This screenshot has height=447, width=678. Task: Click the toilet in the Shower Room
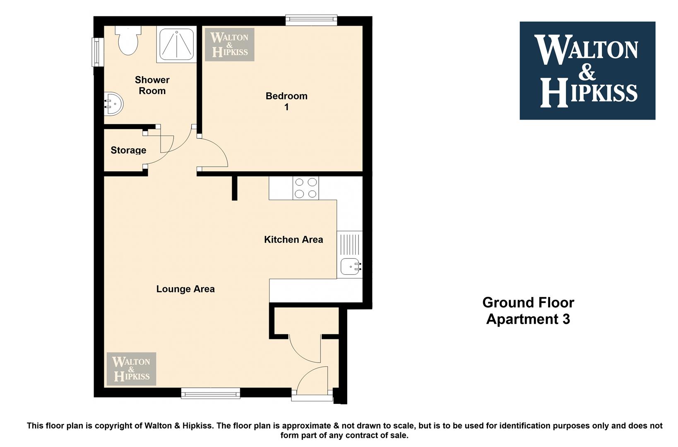(x=128, y=40)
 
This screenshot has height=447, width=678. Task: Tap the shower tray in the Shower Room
(x=176, y=44)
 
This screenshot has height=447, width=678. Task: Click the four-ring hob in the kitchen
(x=306, y=188)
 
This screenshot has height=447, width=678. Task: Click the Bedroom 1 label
(x=286, y=101)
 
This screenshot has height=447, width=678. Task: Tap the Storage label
(x=128, y=150)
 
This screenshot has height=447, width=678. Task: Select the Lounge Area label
(x=185, y=289)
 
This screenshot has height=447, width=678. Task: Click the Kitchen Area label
(x=293, y=240)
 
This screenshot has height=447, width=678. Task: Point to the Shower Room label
(x=152, y=85)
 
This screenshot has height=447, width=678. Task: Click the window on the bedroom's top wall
(x=311, y=20)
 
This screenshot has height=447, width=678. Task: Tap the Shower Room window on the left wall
(x=97, y=52)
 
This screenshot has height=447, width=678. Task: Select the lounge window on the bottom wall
(x=211, y=393)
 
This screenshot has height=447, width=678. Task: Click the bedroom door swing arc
(x=220, y=149)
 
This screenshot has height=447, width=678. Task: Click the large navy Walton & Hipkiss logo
(x=587, y=70)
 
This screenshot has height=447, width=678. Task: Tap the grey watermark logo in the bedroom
(x=229, y=44)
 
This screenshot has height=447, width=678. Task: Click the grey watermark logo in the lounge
(x=131, y=369)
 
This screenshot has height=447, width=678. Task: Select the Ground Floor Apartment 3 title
(x=528, y=310)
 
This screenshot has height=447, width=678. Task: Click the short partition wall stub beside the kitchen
(x=235, y=188)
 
